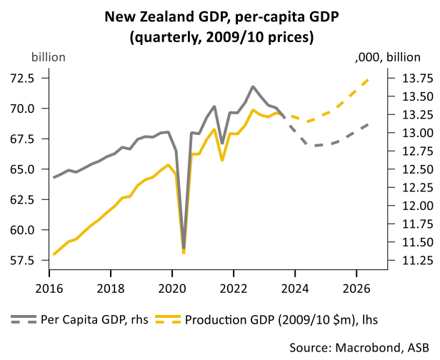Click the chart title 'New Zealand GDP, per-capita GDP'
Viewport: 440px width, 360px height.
[220, 15]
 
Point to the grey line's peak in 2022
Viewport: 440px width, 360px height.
[253, 86]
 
